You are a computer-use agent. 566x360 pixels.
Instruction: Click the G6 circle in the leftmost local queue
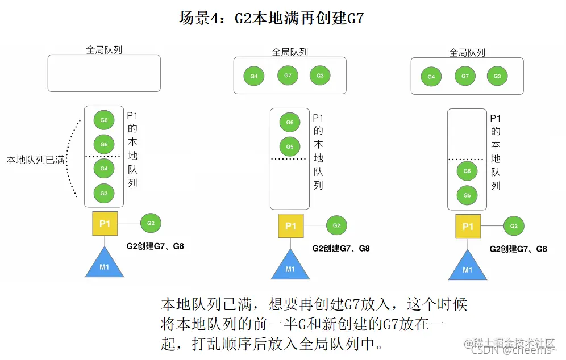[x=104, y=120]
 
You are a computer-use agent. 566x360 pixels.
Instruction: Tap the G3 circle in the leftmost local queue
[x=104, y=194]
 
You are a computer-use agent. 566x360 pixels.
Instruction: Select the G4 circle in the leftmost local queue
[x=104, y=169]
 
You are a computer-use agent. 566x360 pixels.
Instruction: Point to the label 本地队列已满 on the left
[x=35, y=161]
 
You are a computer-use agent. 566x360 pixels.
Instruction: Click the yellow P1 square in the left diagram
[x=105, y=224]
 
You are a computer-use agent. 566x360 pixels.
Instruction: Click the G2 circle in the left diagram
[x=151, y=223]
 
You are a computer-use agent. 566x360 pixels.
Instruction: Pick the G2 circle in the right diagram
[x=514, y=225]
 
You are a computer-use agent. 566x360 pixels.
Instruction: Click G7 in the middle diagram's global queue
[x=288, y=76]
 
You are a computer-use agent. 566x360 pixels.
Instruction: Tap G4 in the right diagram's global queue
[x=431, y=77]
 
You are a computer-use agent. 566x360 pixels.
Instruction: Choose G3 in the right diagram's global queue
[x=497, y=76]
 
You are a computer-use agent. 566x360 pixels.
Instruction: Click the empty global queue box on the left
[x=104, y=73]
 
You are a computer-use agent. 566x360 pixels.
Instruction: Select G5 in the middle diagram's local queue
[x=290, y=146]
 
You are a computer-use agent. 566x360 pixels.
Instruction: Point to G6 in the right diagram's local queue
[x=467, y=171]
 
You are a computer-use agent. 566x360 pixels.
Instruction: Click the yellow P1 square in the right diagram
[x=468, y=227]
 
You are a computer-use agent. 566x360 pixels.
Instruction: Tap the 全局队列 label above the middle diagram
[x=290, y=52]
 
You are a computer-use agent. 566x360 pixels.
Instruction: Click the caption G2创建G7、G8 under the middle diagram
[x=341, y=249]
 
